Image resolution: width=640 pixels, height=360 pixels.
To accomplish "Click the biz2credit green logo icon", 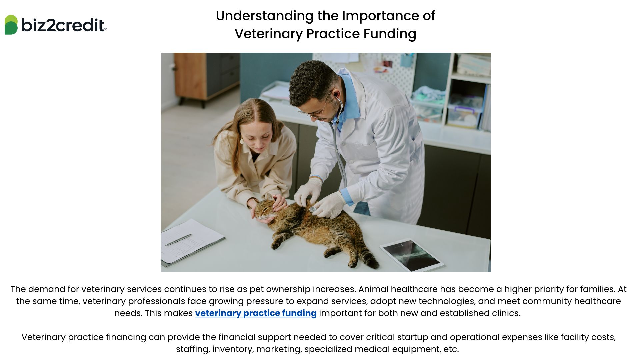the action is tap(11, 25).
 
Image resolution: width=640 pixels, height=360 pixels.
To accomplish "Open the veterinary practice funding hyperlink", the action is tap(256, 313).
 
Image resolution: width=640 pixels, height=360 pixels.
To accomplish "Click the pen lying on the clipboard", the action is tap(179, 240).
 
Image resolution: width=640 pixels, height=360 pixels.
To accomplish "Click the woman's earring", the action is tap(242, 141).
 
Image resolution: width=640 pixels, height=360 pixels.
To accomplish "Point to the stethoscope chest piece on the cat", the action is tap(313, 209).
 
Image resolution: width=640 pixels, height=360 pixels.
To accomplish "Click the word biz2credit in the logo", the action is tap(63, 25).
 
